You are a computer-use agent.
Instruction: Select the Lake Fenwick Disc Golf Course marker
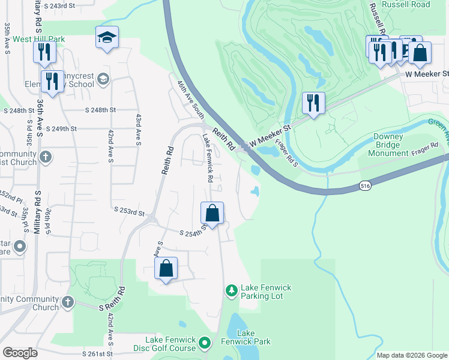(x=205, y=343)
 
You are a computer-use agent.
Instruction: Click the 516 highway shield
(x=366, y=187)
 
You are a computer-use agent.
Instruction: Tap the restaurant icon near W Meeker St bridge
(x=313, y=103)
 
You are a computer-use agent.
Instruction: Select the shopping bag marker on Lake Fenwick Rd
(x=212, y=213)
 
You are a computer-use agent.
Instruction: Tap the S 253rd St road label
(x=130, y=212)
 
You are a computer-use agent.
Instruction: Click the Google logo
(x=20, y=353)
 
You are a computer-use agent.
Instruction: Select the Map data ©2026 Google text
(x=411, y=355)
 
